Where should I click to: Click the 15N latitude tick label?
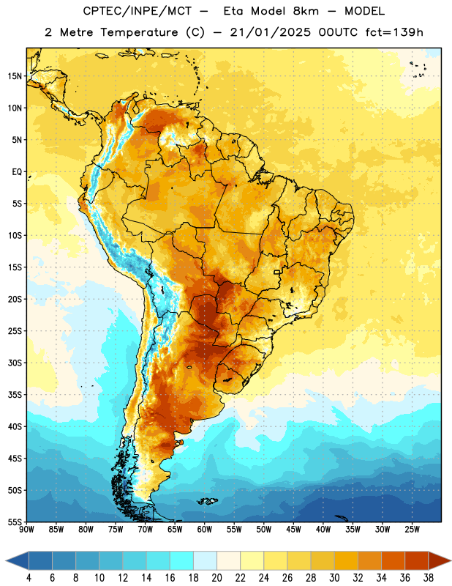click(x=15, y=76)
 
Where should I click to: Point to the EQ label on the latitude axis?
click(x=17, y=172)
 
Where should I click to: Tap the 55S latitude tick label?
click(x=15, y=522)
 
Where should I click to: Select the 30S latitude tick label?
click(x=15, y=363)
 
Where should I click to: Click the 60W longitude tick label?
click(x=205, y=530)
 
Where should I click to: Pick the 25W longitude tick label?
click(x=412, y=530)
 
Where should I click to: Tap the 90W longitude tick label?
click(x=26, y=530)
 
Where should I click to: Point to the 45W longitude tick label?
click(x=293, y=530)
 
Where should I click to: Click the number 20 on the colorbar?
click(x=216, y=578)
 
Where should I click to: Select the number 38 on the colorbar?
click(x=429, y=578)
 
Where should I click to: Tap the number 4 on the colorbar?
click(x=29, y=578)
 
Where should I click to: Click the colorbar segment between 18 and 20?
click(x=205, y=561)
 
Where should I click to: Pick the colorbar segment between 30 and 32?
click(x=346, y=561)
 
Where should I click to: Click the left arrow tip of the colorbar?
click(x=6, y=561)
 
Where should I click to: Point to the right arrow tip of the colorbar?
click(x=451, y=561)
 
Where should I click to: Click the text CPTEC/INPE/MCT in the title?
click(x=137, y=11)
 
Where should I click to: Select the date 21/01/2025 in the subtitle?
click(x=270, y=32)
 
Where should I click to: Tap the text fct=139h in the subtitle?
click(x=394, y=32)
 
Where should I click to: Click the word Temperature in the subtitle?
click(x=139, y=32)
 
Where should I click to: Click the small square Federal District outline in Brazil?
click(x=277, y=272)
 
